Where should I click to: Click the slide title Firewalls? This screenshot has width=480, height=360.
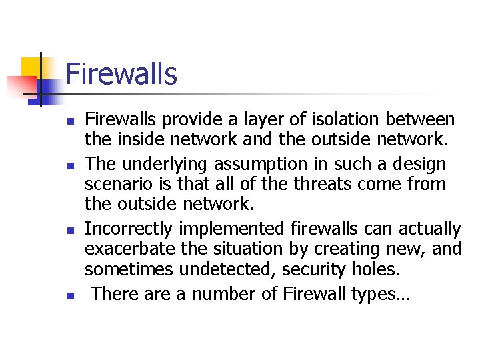point(121,74)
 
